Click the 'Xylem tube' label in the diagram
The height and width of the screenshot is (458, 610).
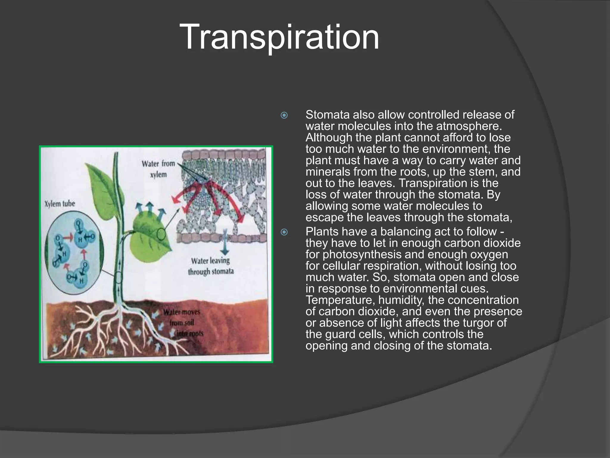coord(60,204)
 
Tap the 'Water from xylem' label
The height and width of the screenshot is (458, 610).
coord(158,169)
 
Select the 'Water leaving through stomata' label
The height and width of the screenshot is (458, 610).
coord(211,266)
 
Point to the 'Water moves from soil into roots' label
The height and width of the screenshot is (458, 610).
coord(182,323)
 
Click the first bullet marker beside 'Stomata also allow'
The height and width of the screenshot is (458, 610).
coord(284,115)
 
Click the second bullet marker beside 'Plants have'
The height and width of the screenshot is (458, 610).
coord(284,232)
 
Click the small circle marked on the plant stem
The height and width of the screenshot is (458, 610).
coord(119,278)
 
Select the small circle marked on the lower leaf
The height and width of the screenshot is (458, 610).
coord(161,234)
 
